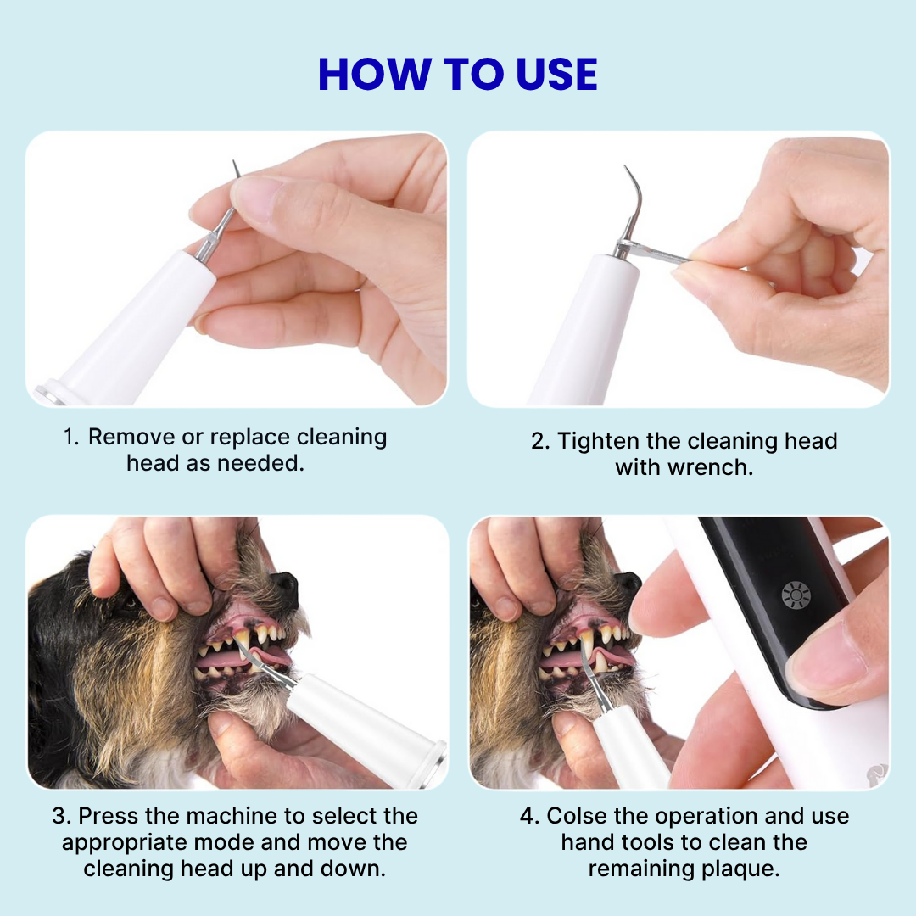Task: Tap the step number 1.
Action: [x=70, y=438]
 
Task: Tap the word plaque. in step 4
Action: [x=737, y=869]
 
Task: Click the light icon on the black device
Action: [x=796, y=595]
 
